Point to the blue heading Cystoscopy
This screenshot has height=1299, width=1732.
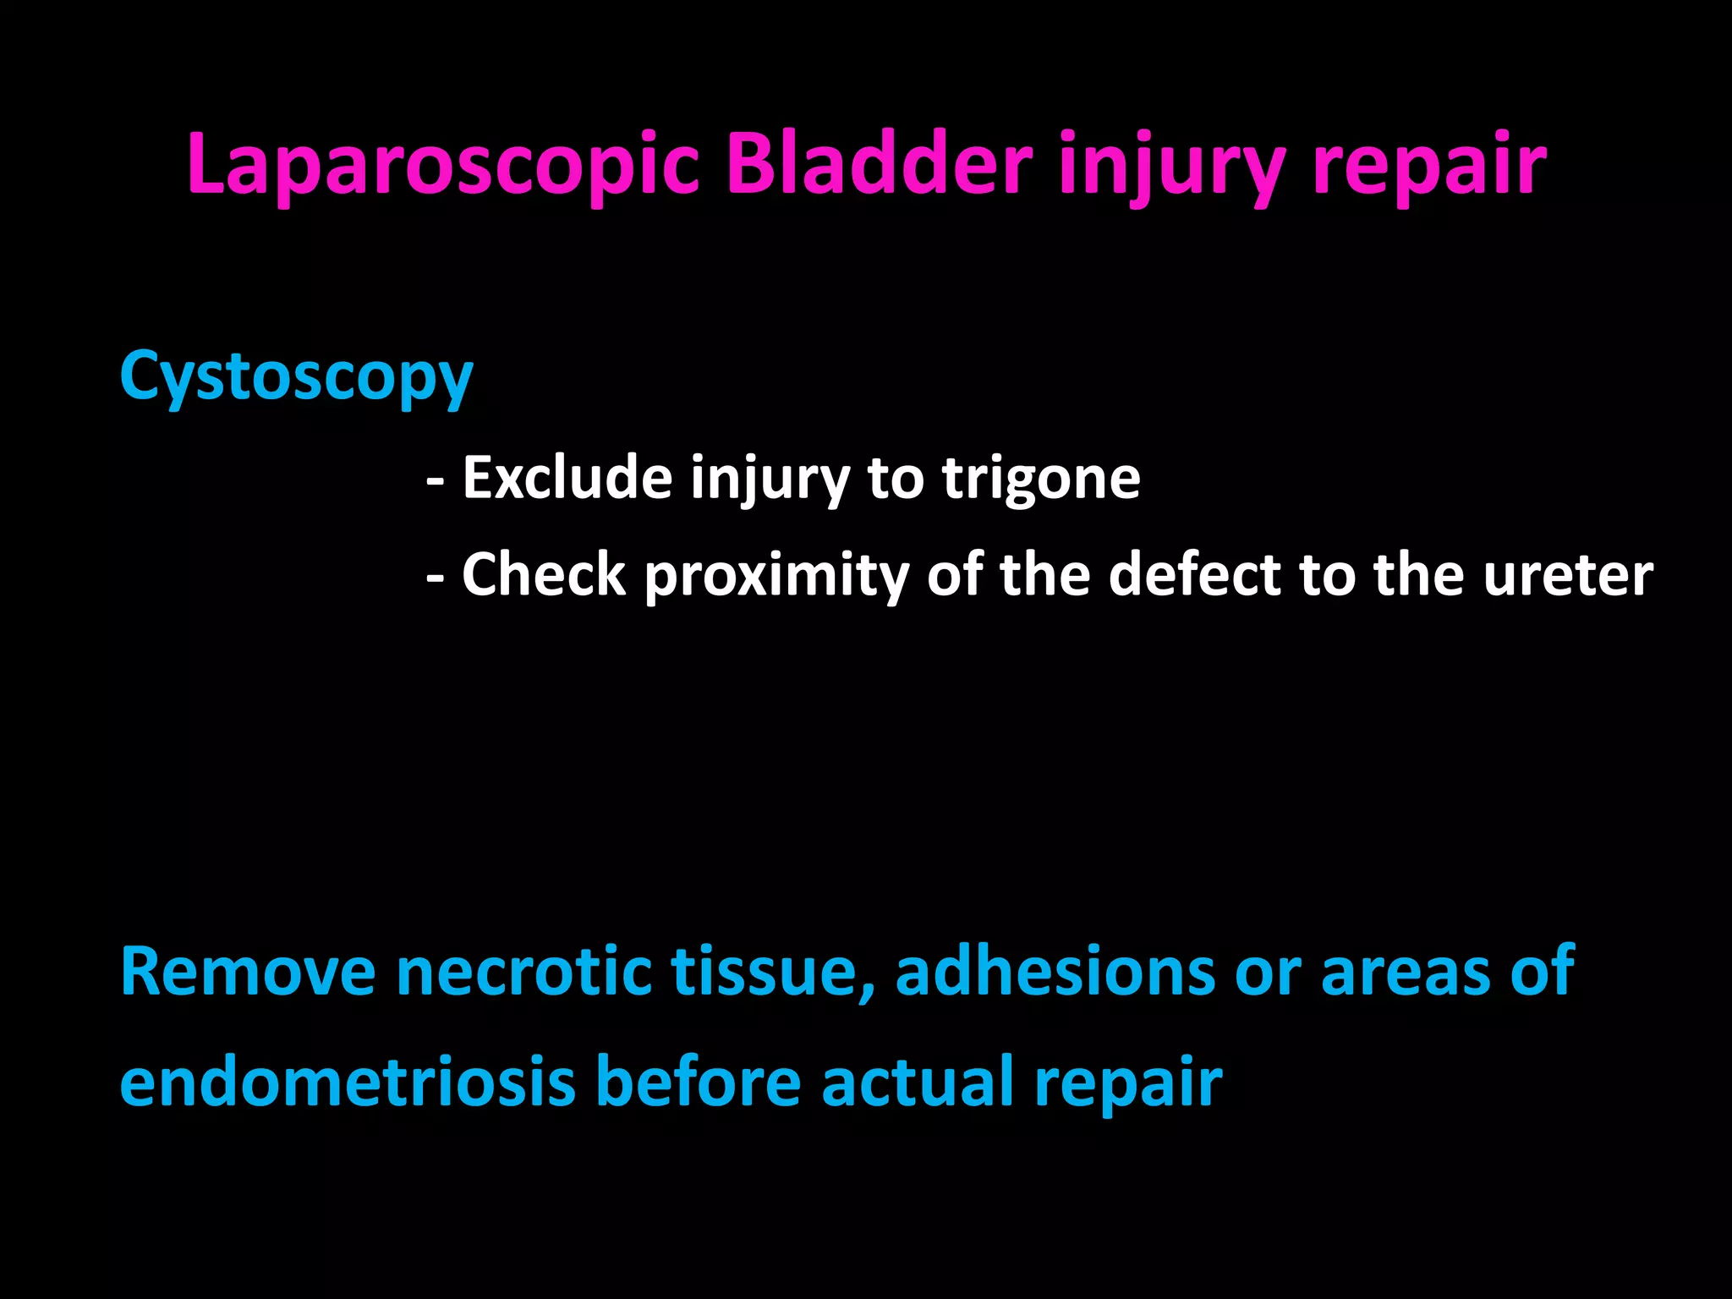[x=296, y=376]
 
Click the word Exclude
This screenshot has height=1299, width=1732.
[x=567, y=478]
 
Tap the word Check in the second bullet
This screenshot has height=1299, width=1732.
[x=543, y=575]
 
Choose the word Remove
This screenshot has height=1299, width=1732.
[x=248, y=972]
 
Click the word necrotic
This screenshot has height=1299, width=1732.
[x=523, y=972]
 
